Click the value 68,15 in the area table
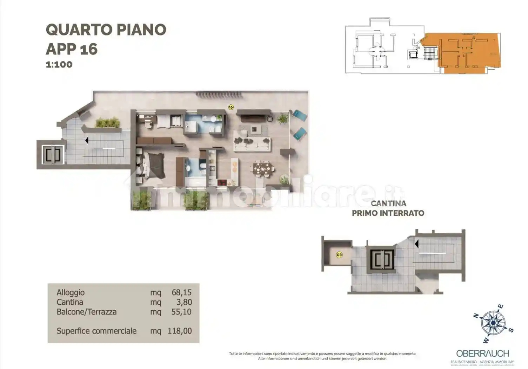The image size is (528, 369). [x=181, y=292]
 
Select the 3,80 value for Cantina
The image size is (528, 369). [x=184, y=302]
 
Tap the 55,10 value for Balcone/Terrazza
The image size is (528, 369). [x=181, y=312]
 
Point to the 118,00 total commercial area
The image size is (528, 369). [x=180, y=331]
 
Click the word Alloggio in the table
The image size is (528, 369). [x=71, y=292]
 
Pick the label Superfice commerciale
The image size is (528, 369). [x=96, y=331]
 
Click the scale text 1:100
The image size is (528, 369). [x=59, y=65]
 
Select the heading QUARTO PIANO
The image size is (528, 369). [x=106, y=30]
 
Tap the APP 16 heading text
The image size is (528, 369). [x=72, y=49]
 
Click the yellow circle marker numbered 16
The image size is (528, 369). [x=231, y=107]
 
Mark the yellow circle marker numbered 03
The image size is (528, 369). [x=339, y=255]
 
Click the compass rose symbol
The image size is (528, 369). [x=493, y=323]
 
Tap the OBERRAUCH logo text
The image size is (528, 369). [x=482, y=354]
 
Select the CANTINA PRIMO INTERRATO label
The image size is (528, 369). [x=388, y=208]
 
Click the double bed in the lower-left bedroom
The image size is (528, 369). [x=150, y=165]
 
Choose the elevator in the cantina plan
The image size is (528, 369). [x=382, y=260]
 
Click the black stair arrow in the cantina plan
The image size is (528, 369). [x=416, y=244]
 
